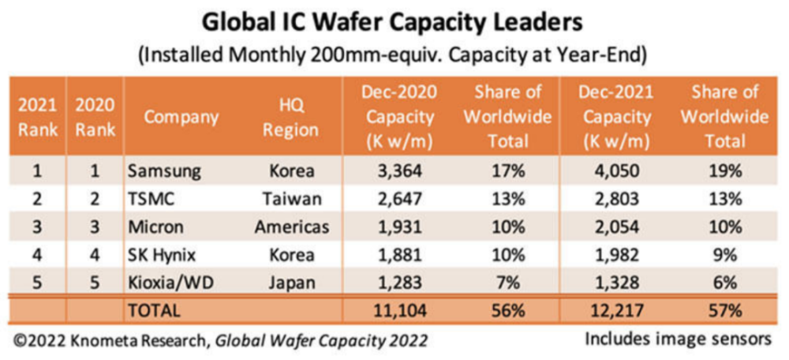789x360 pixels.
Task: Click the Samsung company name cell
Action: (164, 171)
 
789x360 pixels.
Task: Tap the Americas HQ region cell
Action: (292, 227)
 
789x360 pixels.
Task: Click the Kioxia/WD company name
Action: (170, 283)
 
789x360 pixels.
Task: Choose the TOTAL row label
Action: (154, 310)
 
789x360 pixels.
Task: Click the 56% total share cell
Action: (507, 310)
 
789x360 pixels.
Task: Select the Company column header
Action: (181, 118)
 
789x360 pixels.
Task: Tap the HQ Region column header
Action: (291, 118)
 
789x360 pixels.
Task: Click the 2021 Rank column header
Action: (38, 118)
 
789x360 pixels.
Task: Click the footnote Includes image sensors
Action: (678, 339)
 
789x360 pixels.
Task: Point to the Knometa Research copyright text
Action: (221, 341)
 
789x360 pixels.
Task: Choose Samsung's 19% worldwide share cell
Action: (727, 171)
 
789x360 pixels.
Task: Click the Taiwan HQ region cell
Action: (292, 200)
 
